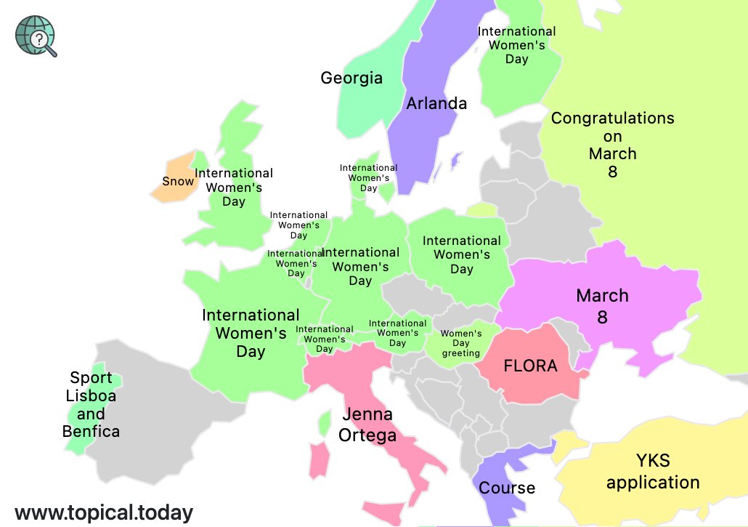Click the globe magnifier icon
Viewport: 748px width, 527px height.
36,36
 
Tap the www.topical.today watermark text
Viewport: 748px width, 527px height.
104,512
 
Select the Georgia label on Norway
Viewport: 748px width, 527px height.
351,78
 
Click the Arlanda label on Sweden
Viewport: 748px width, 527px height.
436,103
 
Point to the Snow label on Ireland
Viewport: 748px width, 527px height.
178,181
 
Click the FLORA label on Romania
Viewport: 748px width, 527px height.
530,366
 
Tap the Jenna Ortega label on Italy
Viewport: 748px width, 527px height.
367,425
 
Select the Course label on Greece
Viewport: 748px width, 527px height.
507,488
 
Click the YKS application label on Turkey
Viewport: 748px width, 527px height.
653,471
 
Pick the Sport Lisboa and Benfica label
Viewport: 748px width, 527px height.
91,405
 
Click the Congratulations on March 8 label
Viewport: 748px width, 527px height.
612,145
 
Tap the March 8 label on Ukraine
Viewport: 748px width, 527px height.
602,306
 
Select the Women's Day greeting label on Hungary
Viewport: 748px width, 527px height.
461,343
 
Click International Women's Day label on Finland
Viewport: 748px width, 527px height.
516,45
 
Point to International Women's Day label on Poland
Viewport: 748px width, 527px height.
461,254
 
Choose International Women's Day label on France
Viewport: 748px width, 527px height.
251,333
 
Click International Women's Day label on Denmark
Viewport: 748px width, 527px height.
368,178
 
